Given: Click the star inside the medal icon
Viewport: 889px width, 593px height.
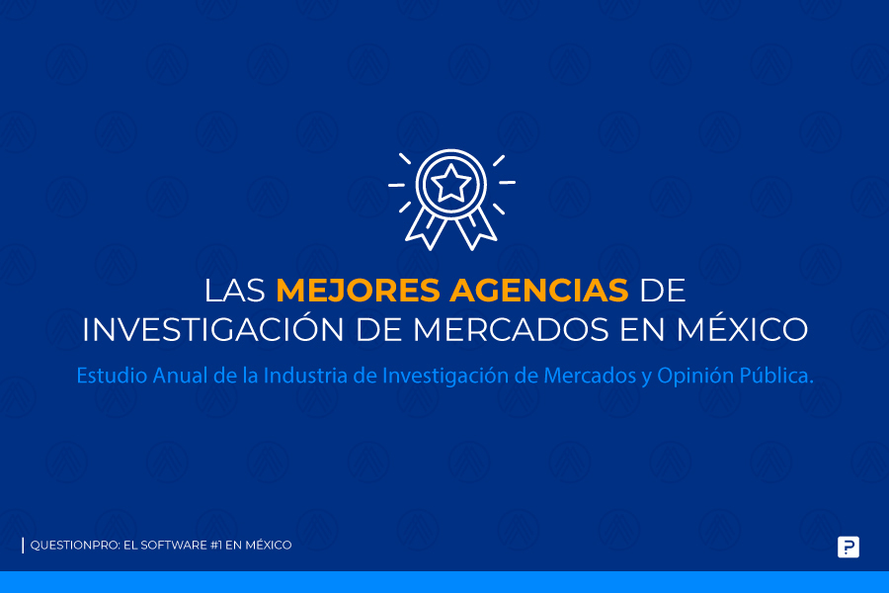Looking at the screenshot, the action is (x=450, y=183).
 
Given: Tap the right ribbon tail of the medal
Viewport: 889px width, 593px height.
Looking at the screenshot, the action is (x=476, y=228).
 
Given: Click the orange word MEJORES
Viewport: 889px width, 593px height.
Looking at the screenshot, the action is (x=358, y=290).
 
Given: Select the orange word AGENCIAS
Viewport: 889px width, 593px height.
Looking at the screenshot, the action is (x=539, y=290).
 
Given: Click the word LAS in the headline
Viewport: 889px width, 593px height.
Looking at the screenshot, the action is (x=235, y=290).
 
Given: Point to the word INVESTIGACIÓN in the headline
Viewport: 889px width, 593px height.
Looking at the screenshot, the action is (x=212, y=329).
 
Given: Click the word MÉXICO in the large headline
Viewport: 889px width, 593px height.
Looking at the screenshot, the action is (x=742, y=328).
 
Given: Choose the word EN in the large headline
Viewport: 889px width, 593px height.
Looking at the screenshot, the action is (x=642, y=329).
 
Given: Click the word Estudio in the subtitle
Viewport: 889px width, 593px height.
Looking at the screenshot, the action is (x=112, y=376).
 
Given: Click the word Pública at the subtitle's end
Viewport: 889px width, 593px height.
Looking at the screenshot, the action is (x=776, y=377).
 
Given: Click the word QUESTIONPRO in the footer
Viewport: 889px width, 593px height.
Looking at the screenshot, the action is (x=75, y=546).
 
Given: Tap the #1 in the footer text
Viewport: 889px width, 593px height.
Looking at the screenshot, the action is (x=216, y=546).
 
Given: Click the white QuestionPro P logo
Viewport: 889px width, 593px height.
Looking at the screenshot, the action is (x=849, y=547).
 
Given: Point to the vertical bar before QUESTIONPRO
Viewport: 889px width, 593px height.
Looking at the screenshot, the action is (x=23, y=546).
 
